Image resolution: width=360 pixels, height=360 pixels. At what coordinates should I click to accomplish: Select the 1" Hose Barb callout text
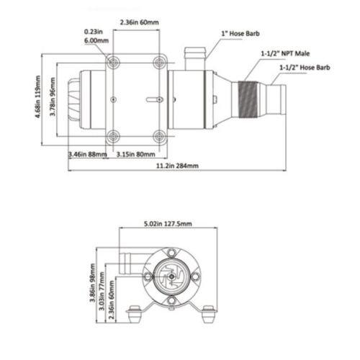pos(238,32)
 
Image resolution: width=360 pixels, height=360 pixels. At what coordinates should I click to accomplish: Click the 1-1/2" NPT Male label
pos(284,54)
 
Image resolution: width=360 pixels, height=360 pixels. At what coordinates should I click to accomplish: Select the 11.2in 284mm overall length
pos(177,166)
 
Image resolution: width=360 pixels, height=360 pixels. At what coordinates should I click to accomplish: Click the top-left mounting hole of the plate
pos(112,64)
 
